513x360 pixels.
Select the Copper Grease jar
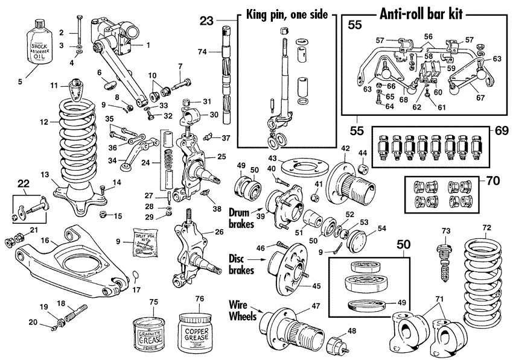point(198,331)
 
